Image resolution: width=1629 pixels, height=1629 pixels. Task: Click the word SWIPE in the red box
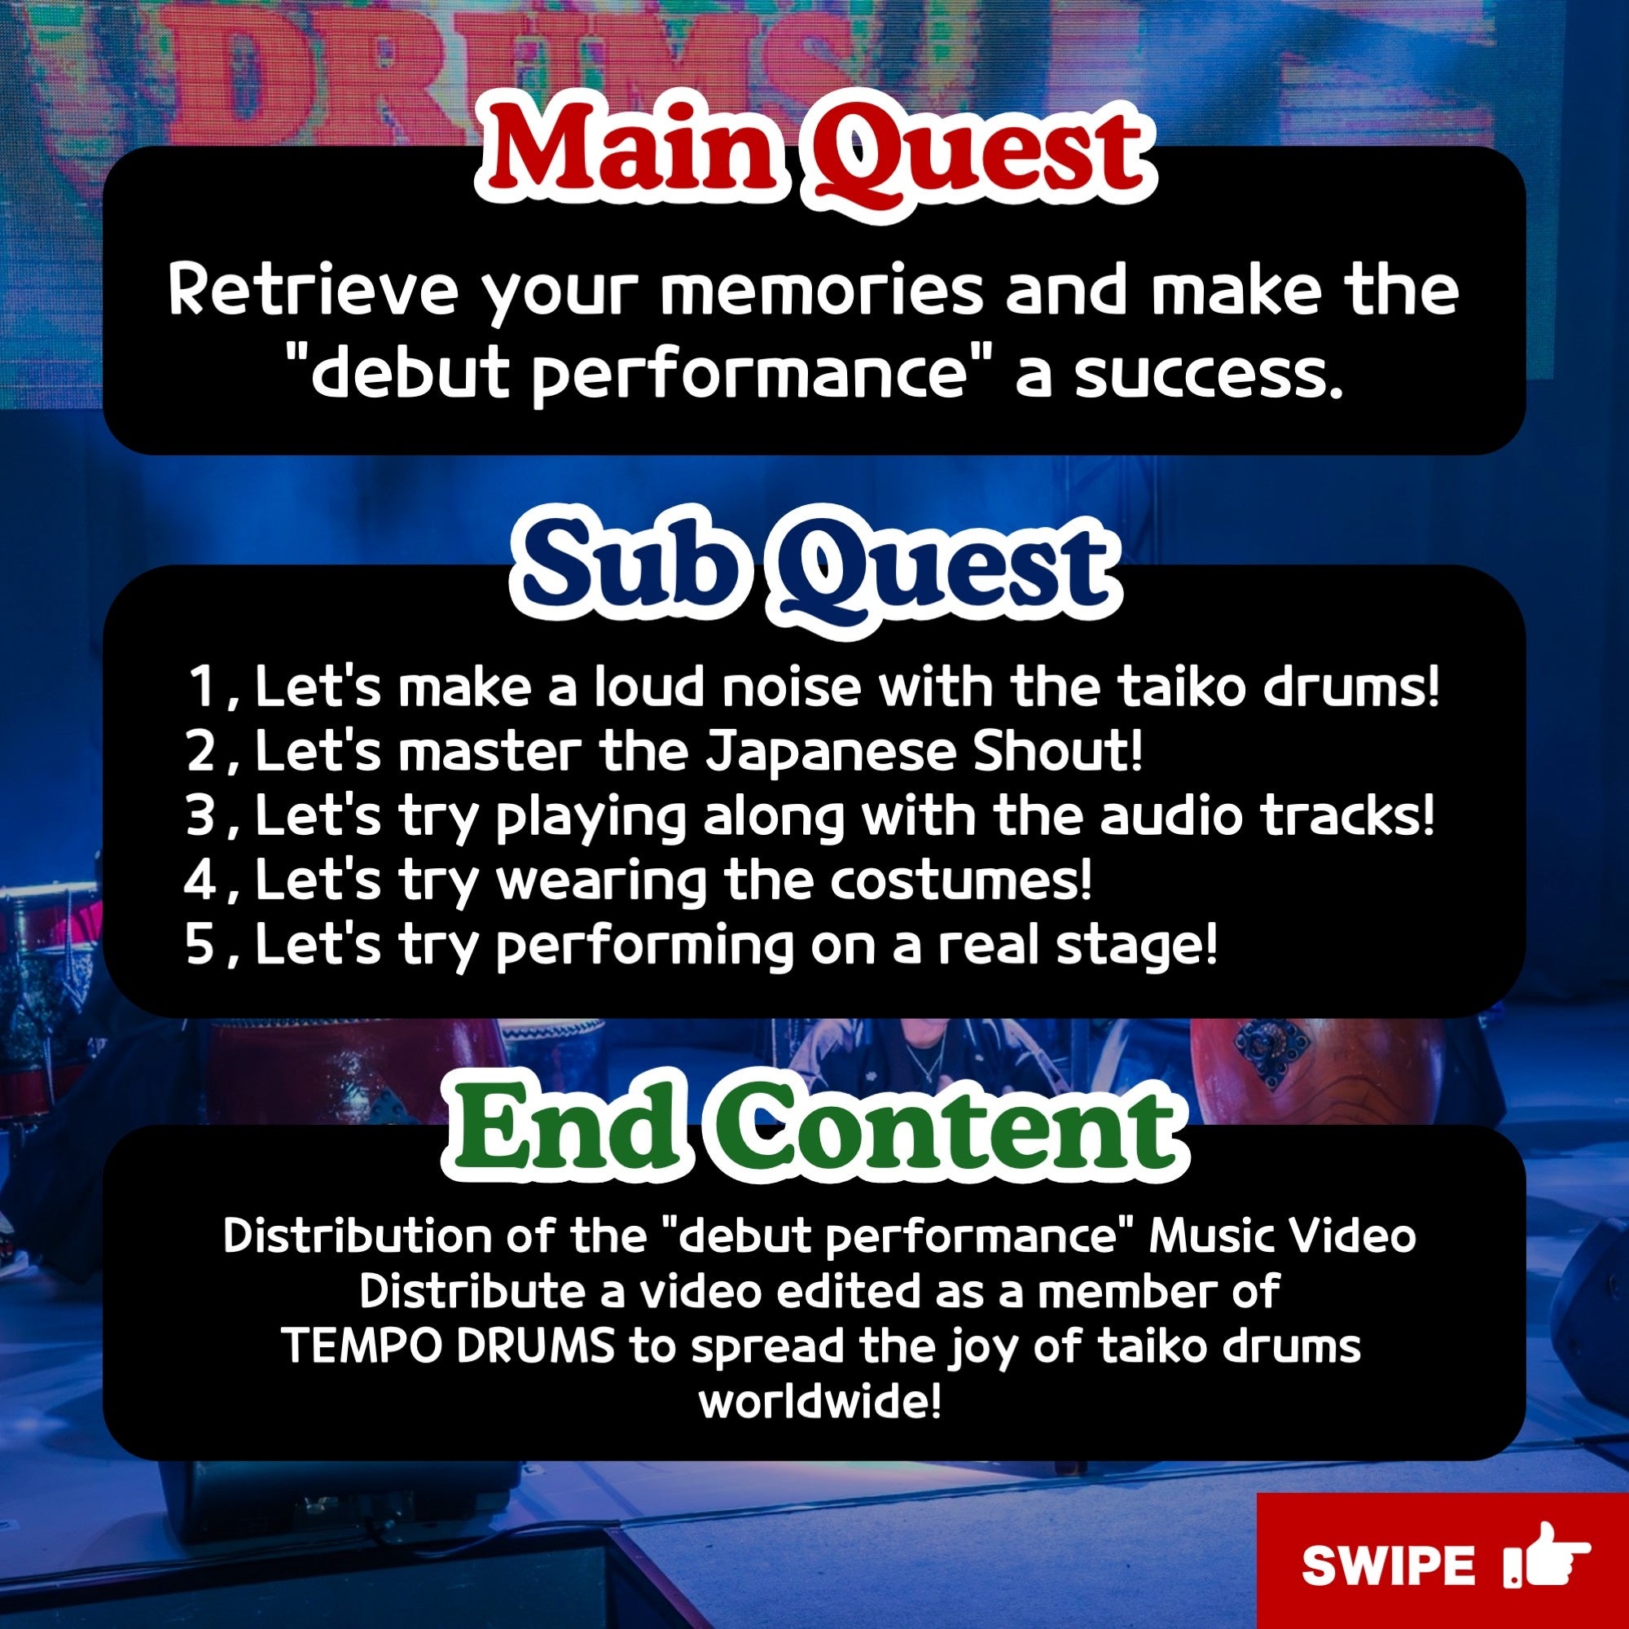coord(1388,1565)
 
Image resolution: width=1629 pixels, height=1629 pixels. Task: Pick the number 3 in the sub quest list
coord(201,815)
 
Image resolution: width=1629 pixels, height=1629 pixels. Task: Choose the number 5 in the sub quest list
coord(201,943)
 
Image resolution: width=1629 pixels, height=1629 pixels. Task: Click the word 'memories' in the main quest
coord(821,290)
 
